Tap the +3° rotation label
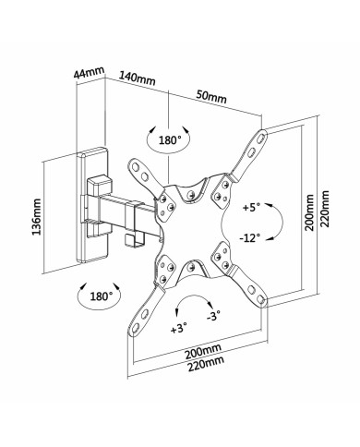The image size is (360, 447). pyautogui.click(x=179, y=327)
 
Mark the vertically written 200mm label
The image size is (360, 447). pyautogui.click(x=310, y=217)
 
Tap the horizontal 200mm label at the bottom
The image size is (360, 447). pyautogui.click(x=201, y=353)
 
